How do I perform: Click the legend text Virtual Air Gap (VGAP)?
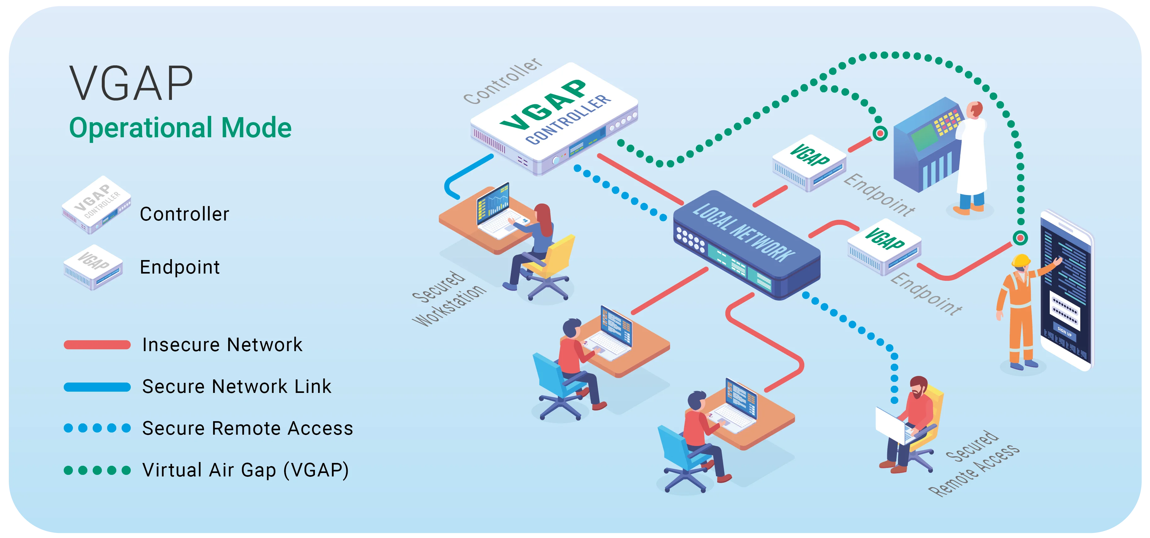click(245, 470)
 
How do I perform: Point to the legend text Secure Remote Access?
click(247, 428)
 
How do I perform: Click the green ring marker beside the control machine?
click(880, 133)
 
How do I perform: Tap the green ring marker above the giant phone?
click(1020, 238)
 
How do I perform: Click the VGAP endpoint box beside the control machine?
click(809, 163)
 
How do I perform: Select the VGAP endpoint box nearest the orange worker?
click(884, 246)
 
